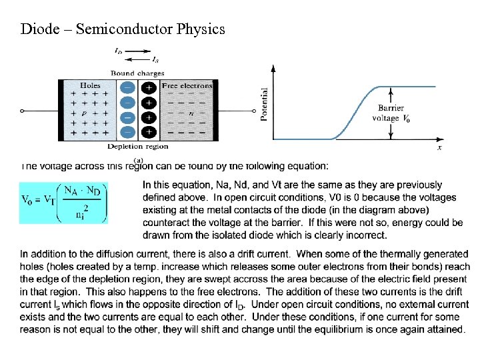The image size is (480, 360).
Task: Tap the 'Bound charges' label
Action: [x=137, y=73]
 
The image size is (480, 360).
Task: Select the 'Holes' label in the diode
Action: [x=90, y=85]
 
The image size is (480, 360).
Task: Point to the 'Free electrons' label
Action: [x=187, y=85]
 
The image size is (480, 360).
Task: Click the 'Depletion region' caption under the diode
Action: [x=137, y=146]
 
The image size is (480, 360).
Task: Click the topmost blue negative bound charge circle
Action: [x=128, y=88]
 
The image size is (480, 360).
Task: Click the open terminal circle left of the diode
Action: [x=22, y=111]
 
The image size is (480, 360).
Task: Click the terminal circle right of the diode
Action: [x=254, y=111]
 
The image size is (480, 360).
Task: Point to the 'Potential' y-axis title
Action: [x=264, y=104]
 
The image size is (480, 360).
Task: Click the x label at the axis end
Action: [x=439, y=147]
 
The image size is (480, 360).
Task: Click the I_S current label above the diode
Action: [x=146, y=60]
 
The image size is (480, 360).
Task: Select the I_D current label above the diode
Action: [x=117, y=51]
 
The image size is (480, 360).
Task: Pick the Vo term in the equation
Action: [x=28, y=200]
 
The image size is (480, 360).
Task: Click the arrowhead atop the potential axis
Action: [x=273, y=67]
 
